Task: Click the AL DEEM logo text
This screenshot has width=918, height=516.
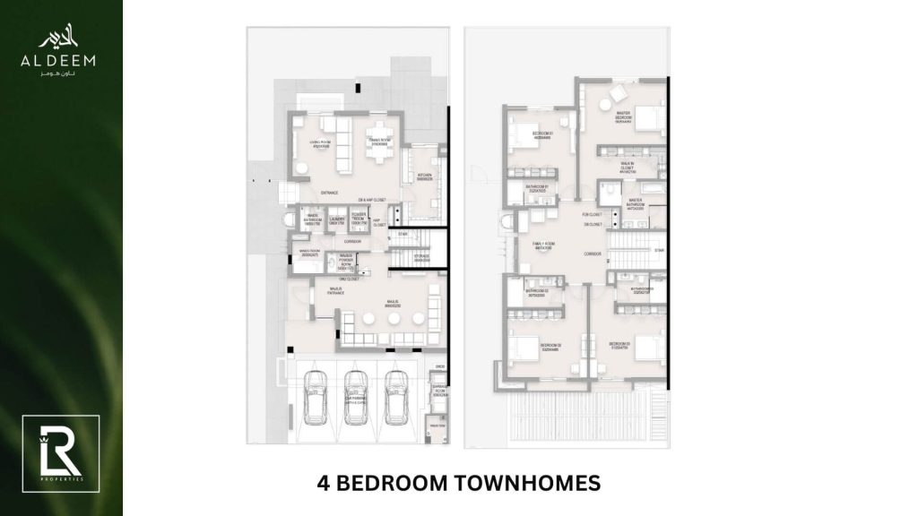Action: pos(66,60)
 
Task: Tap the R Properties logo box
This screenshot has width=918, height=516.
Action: pos(52,446)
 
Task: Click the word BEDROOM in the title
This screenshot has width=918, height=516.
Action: pos(395,485)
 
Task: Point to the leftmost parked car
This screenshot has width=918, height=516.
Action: pos(316,398)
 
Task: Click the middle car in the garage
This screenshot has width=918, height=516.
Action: pos(356,398)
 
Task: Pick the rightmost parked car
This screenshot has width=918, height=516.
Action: pos(395,398)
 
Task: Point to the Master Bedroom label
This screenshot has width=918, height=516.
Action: pos(624,120)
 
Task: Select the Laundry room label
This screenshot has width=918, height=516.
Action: pos(338,220)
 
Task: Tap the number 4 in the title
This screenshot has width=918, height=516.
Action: pos(325,485)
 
